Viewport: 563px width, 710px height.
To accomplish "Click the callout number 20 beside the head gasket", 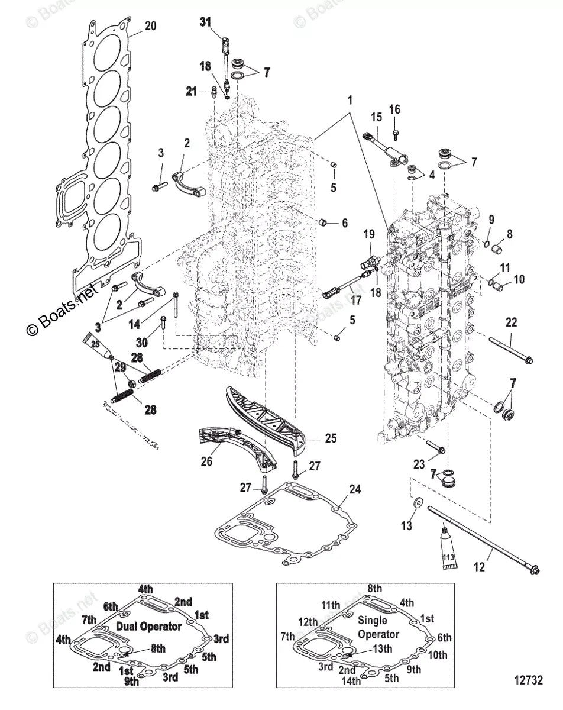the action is pos(150,25).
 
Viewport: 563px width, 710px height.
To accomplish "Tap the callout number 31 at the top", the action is pos(205,22).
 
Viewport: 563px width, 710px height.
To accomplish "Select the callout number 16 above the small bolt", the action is pos(394,109).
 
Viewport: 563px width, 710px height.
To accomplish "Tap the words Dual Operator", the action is pos(149,626).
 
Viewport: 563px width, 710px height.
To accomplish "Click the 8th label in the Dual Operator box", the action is pos(158,648).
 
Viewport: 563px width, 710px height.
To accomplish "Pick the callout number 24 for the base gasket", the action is pos(355,489).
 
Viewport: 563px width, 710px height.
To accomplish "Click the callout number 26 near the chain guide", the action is pos(207,461).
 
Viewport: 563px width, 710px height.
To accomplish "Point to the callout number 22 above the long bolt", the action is pos(511,322).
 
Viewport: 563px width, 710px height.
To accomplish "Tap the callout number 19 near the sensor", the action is pos(369,234).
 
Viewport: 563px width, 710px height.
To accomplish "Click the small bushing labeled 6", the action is pos(323,222).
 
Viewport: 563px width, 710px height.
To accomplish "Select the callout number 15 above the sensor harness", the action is pos(376,117).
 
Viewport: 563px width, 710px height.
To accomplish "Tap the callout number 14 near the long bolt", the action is pos(134,324).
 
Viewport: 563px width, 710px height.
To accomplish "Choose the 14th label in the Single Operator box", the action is pos(351,680).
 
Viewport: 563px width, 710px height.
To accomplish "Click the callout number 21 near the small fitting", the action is pos(192,91).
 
